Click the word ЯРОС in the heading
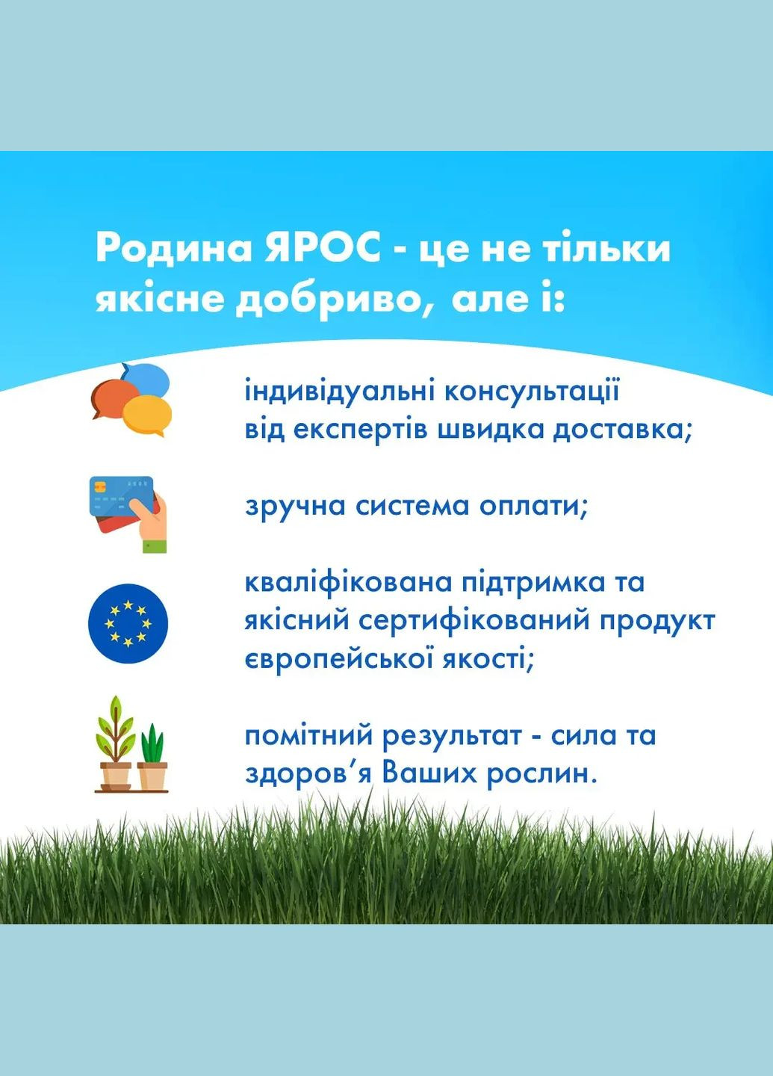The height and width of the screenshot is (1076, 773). tap(323, 248)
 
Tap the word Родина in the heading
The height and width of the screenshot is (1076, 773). tap(174, 248)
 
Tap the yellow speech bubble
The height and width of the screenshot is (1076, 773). tap(148, 415)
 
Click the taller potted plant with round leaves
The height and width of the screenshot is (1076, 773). tap(115, 743)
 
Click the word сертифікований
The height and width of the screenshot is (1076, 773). tap(475, 620)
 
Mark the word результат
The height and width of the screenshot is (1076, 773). tap(452, 735)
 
